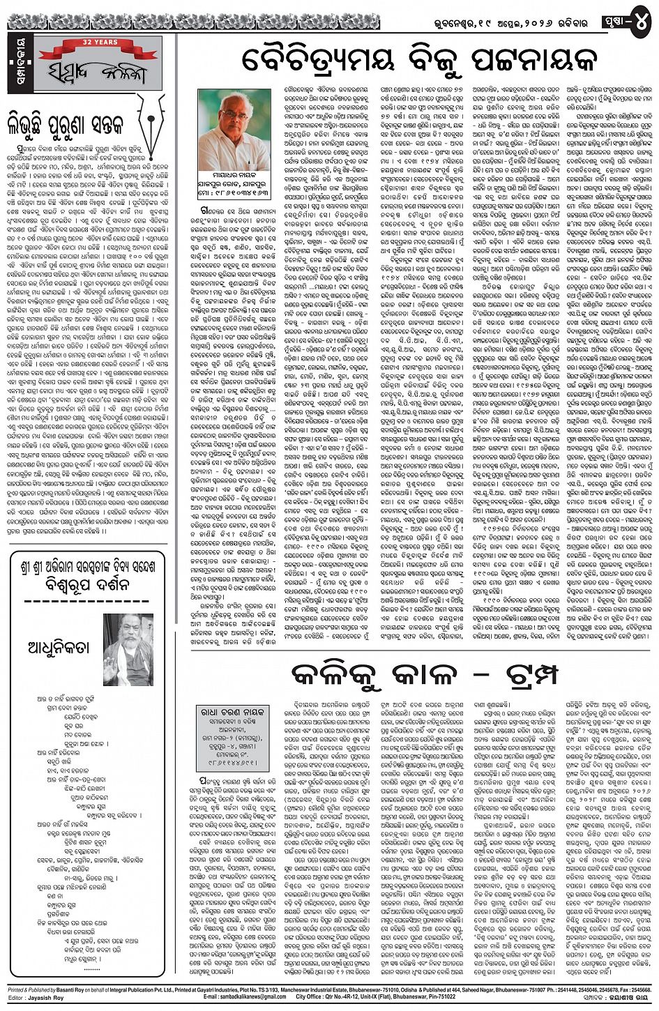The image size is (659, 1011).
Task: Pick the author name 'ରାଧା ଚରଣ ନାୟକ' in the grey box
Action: coord(234,712)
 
